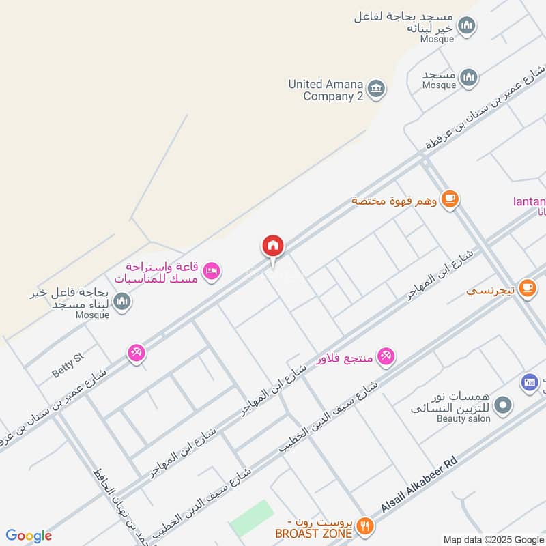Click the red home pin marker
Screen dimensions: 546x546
273,246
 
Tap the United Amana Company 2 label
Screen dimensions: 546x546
326,90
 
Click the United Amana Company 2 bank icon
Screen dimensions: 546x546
375,89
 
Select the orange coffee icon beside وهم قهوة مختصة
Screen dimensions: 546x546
449,199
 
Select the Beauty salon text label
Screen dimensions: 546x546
463,418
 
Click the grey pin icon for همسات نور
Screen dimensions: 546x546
503,406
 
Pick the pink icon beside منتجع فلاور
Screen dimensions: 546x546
386,356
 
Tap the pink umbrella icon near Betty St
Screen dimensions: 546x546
136,352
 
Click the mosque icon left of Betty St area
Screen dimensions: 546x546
122,301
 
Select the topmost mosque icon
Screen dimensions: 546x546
467,26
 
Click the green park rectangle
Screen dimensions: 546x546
251,518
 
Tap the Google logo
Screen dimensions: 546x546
29,536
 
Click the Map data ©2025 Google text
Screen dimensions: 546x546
493,539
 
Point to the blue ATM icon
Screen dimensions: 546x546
530,383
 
